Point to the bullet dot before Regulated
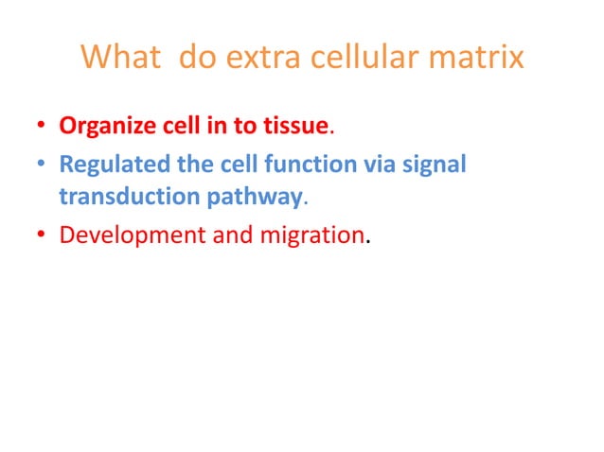pos(42,165)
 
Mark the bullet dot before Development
pos(42,235)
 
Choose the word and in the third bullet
pos(213,235)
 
